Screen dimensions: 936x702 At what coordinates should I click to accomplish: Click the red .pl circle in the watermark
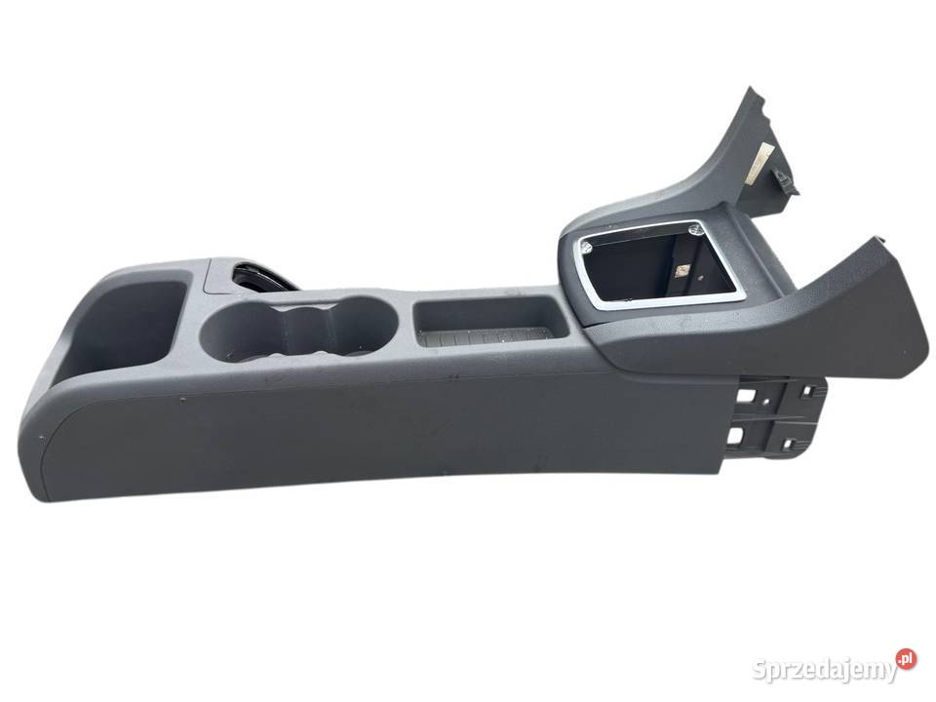pos(906,659)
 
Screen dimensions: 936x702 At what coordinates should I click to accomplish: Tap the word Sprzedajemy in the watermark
pos(825,670)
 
